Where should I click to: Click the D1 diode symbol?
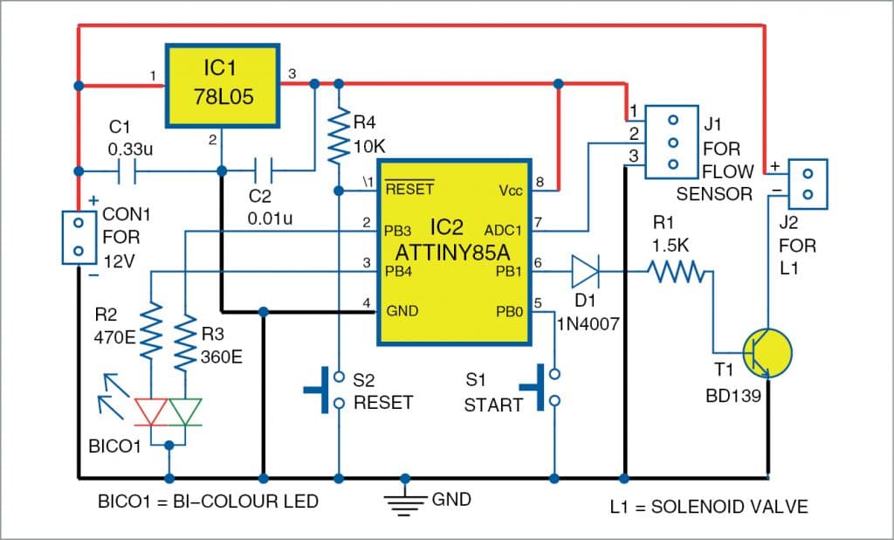(585, 273)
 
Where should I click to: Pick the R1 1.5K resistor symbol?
(675, 273)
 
